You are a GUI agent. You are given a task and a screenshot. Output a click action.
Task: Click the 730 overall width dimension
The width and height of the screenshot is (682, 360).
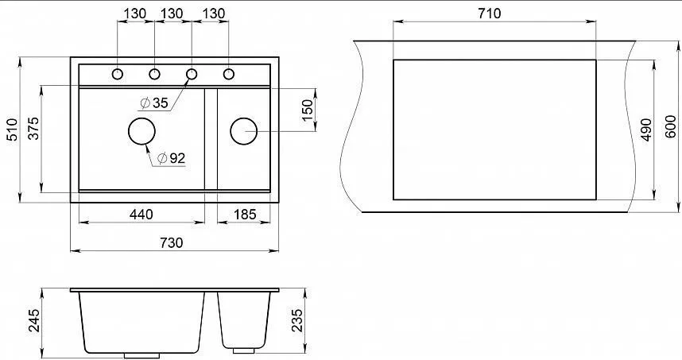click(172, 242)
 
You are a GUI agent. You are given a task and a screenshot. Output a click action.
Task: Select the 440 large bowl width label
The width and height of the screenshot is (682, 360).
click(141, 215)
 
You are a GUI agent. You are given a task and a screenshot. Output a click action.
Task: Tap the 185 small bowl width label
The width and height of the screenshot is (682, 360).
click(245, 215)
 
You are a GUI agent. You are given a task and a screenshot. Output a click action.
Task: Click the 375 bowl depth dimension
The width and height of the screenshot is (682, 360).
click(33, 128)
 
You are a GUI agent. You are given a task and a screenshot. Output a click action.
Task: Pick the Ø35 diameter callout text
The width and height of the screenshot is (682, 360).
click(154, 103)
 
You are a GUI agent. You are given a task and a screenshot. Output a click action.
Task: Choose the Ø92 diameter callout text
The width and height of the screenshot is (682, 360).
click(172, 158)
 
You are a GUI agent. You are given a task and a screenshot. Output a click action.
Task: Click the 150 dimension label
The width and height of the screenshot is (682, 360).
click(307, 110)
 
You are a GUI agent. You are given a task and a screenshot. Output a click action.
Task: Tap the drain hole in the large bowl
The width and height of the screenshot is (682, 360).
click(141, 131)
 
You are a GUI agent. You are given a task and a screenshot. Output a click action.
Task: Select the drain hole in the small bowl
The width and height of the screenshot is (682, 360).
click(243, 131)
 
